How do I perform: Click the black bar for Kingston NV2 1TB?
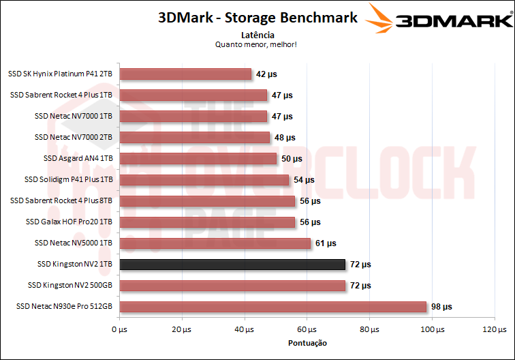232,265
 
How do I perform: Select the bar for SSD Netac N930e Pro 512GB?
272,307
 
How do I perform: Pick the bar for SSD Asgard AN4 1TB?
198,159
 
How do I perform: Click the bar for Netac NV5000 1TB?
215,243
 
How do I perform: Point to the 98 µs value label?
441,307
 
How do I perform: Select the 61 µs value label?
326,243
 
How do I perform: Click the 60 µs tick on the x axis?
307,330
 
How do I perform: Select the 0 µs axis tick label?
119,330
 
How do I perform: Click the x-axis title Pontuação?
307,343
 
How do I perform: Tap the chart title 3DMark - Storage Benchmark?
257,18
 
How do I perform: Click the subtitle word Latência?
257,34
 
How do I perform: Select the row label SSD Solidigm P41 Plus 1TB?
68,180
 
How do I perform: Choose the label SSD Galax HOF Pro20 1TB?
69,222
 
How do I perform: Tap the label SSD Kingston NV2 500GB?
70,286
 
